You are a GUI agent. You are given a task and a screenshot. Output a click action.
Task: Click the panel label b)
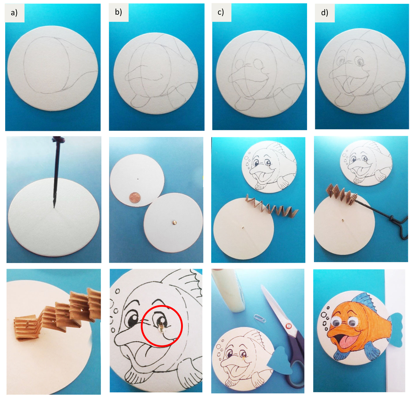coord(118,13)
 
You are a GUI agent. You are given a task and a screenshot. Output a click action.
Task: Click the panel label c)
coord(221,13)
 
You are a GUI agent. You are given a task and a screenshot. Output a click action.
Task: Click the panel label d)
coord(324,13)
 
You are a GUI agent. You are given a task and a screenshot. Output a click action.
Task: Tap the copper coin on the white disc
coord(135,199)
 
